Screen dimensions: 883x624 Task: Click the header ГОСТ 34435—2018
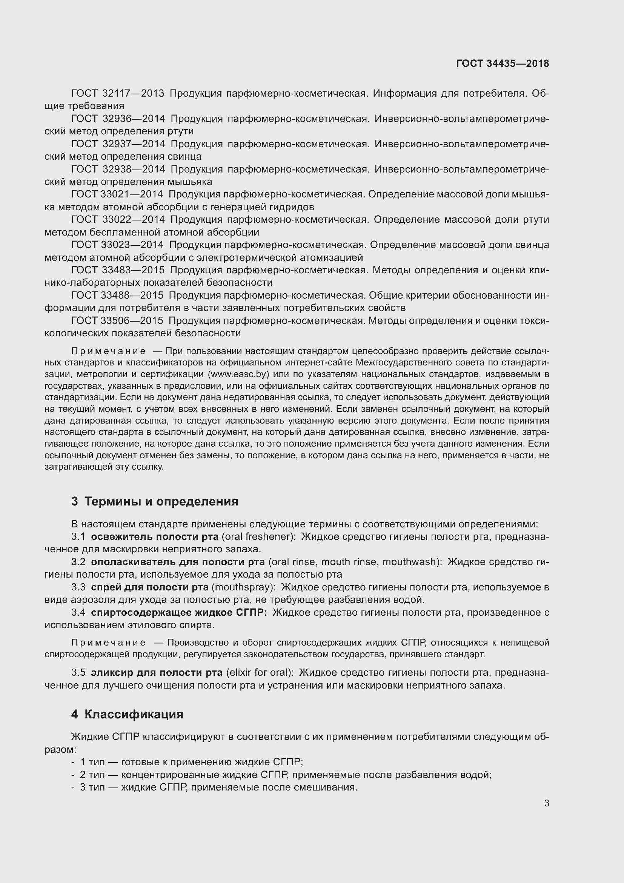[x=502, y=63]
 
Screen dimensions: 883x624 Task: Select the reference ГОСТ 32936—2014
[x=118, y=119]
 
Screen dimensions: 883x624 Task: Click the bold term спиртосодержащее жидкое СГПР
[x=179, y=613]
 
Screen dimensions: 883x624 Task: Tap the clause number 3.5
[x=78, y=673]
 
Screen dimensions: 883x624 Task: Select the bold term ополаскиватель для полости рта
[x=178, y=562]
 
